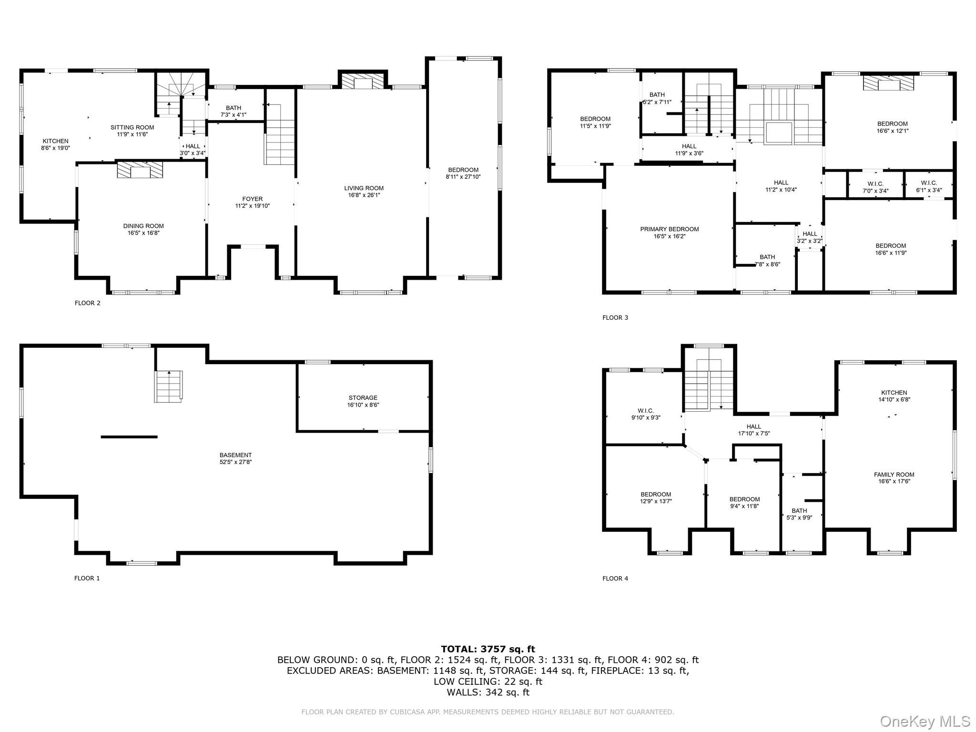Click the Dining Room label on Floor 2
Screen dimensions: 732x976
(x=143, y=226)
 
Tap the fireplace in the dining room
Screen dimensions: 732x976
(x=140, y=170)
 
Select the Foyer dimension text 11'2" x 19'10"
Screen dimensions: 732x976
(x=252, y=206)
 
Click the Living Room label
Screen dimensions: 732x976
(x=364, y=188)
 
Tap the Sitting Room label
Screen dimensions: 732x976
(x=132, y=127)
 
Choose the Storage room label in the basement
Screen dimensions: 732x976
(x=363, y=398)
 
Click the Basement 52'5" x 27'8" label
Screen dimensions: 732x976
(x=235, y=458)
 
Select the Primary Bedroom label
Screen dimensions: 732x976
(x=669, y=229)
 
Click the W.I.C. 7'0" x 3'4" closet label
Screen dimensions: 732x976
(x=875, y=187)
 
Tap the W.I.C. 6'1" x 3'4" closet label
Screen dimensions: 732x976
(x=929, y=186)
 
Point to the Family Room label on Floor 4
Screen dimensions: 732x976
(x=894, y=475)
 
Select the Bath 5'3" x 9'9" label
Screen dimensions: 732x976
(x=799, y=514)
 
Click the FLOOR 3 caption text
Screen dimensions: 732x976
(x=615, y=318)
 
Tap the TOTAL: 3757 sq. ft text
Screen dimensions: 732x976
(x=488, y=649)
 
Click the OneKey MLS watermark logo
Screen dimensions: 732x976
(x=925, y=722)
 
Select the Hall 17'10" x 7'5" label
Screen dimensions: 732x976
(x=753, y=430)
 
